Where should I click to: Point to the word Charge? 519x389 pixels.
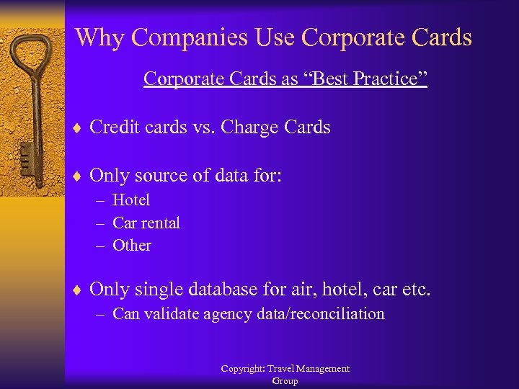point(253,128)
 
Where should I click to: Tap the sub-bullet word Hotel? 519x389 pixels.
point(131,200)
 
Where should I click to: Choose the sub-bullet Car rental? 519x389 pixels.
point(146,223)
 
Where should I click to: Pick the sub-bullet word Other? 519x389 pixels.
point(132,245)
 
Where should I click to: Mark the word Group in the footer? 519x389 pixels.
point(285,381)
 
